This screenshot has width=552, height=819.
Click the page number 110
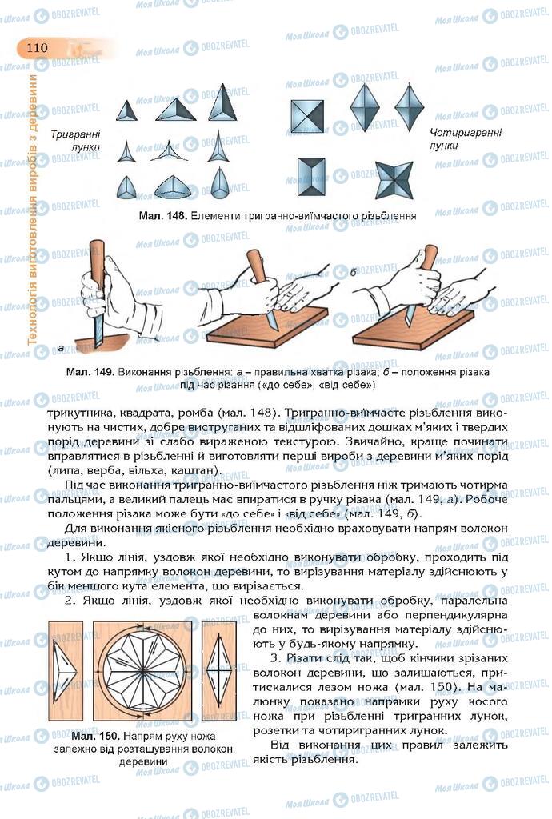coord(37,47)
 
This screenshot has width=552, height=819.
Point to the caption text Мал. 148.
coord(162,215)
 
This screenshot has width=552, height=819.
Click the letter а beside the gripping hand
coord(61,347)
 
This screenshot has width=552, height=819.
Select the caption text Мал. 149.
coord(89,373)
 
